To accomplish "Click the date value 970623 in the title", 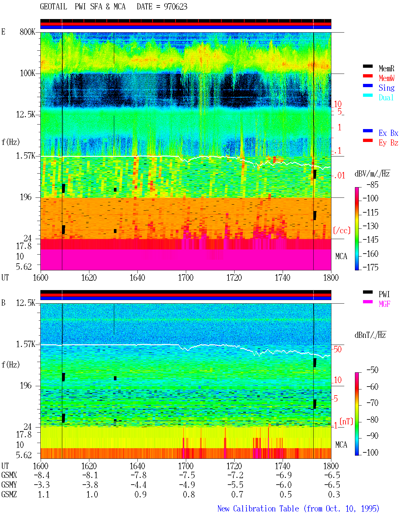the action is pos(175,7).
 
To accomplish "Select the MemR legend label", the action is pos(387,68).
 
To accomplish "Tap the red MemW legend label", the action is pos(387,78).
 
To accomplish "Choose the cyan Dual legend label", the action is pos(386,97).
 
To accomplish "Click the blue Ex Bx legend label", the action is pos(388,133).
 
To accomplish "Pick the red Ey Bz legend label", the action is pos(388,143).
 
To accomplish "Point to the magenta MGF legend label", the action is pos(384,304).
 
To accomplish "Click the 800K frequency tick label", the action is pos(27,32).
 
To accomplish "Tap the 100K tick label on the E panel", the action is pos(27,73).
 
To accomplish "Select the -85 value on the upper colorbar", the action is pos(372,185).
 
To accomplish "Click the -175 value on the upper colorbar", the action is pos(370,267).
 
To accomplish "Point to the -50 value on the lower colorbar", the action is pos(372,370).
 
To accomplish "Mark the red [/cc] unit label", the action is pos(342,230).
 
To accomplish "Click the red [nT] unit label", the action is pos(346,421).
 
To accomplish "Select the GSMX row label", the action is pos(9,475).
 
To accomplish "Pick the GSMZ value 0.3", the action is pos(334,494).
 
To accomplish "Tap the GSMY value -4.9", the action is pos(187,485).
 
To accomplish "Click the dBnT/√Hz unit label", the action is pos(370,335).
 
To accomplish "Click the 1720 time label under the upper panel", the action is pos(234,278).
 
